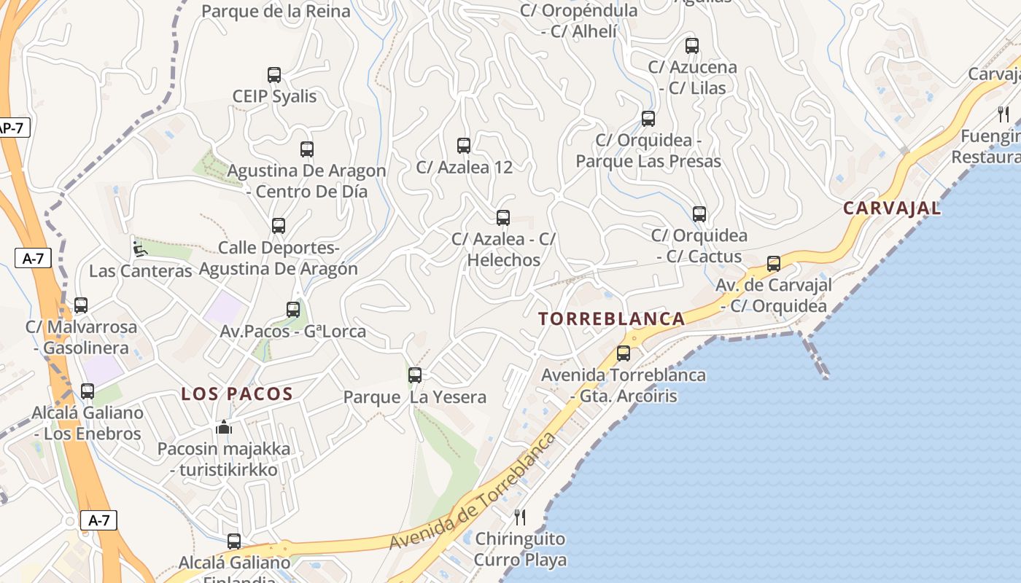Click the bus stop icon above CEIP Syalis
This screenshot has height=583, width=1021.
pos(274,74)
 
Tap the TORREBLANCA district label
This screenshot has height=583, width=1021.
pos(612,318)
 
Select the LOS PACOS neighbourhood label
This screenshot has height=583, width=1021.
pos(237,394)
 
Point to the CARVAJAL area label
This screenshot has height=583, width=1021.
pos(892,208)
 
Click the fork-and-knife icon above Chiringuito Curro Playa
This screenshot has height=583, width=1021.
pos(520,517)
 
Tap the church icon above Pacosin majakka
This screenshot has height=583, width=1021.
pos(224,427)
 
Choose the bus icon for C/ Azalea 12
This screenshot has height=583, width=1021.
pos(464,145)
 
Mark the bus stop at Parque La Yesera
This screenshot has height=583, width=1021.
pos(415,375)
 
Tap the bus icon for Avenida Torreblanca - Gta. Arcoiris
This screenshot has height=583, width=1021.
pos(624,353)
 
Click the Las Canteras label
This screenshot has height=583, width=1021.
pos(140,271)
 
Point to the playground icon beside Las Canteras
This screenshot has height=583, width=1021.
pos(139,249)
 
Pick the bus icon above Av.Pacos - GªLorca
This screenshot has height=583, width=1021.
pos(293,309)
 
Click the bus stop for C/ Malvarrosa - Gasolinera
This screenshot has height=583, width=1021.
pos(81,305)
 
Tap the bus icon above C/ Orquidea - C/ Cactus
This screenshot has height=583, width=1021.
pos(699,214)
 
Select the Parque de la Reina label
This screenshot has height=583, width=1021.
pos(276,11)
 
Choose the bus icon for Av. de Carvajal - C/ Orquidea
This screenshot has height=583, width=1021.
pos(774,263)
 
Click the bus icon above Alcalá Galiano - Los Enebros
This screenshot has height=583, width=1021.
pos(88,391)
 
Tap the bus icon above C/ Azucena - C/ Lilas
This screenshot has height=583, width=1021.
pos(692,45)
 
